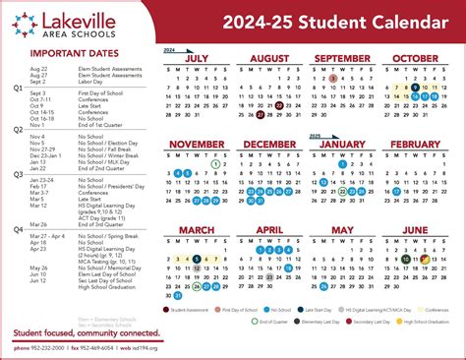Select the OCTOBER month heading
coord(416,59)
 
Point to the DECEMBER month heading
coord(268,145)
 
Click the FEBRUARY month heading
coord(416,145)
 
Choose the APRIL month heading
coord(268,230)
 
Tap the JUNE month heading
coord(416,230)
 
